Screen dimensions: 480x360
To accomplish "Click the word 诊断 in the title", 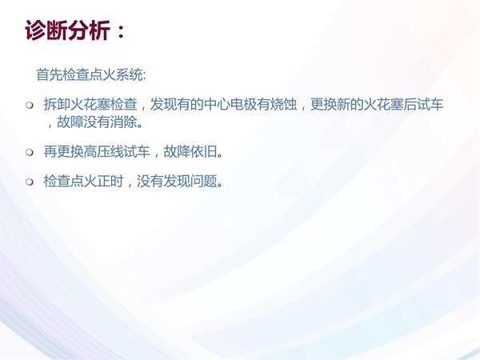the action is tap(46, 30).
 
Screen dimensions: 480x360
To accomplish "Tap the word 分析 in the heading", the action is tap(88, 30).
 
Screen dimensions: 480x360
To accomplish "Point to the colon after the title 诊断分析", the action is tap(121, 31).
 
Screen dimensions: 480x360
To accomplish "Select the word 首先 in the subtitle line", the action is tap(49, 74).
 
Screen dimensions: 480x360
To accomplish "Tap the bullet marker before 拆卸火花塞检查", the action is tap(30, 106).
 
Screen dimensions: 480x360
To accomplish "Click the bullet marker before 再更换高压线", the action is tap(30, 152).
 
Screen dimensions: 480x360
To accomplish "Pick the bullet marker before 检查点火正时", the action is tap(30, 182).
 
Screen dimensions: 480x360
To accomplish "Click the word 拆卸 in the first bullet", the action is tap(57, 104).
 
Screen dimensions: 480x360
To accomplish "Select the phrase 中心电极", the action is tap(230, 104).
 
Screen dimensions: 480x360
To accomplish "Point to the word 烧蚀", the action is tap(283, 104).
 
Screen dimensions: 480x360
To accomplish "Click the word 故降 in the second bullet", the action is tap(177, 151).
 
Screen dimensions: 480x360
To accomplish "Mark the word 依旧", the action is tap(203, 151).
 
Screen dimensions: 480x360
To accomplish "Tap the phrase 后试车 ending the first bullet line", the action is tap(423, 104).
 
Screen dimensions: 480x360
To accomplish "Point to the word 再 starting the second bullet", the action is tap(50, 151).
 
